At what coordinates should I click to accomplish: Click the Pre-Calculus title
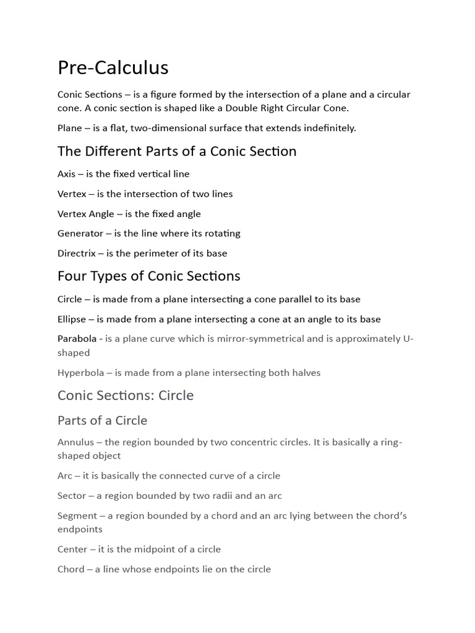[x=113, y=67]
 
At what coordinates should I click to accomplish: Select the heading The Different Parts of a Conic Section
[x=177, y=151]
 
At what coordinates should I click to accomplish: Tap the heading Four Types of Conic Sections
[x=149, y=276]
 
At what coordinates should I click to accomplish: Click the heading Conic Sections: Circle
[x=126, y=395]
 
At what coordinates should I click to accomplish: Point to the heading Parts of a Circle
[x=102, y=420]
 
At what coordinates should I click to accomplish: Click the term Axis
[x=66, y=174]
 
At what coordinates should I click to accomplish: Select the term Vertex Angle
[x=86, y=214]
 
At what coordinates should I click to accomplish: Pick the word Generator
[x=80, y=234]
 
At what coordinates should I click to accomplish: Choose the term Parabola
[x=77, y=339]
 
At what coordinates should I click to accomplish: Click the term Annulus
[x=76, y=442]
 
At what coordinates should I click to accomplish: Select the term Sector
[x=71, y=496]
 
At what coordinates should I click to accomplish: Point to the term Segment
[x=77, y=516]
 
